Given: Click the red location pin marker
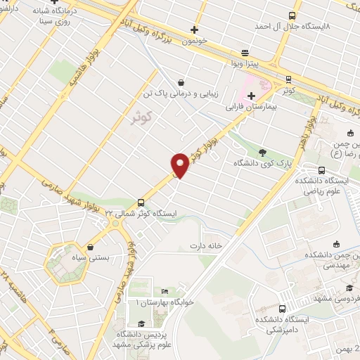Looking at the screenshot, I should (x=181, y=165).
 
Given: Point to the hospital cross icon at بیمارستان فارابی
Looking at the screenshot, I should (x=251, y=96).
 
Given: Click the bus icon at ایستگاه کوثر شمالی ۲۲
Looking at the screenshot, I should (x=142, y=199).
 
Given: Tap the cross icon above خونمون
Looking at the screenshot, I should (x=195, y=30).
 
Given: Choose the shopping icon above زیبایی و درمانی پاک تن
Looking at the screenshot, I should (x=182, y=82).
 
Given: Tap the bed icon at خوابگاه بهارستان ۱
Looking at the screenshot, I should (x=165, y=292).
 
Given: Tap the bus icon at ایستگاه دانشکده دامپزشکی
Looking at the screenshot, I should (x=282, y=309).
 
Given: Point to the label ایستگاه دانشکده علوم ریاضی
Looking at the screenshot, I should (x=323, y=184).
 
